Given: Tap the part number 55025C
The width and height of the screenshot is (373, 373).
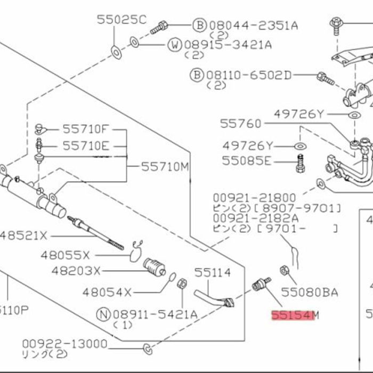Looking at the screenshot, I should click(x=121, y=20).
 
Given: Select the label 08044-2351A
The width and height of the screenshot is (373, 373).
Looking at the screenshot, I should click(x=253, y=25).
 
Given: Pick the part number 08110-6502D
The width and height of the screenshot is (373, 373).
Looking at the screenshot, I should click(x=249, y=75).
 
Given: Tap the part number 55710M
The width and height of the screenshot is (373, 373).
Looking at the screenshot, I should click(x=165, y=167).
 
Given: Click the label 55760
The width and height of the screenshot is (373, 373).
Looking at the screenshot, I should click(x=241, y=124).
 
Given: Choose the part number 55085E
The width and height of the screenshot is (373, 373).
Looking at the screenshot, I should click(x=247, y=160).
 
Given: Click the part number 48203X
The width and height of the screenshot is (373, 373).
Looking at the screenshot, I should click(x=76, y=271).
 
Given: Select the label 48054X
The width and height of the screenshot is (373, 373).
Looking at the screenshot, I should click(x=107, y=292).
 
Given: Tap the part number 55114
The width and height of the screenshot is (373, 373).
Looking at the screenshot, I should click(x=212, y=273).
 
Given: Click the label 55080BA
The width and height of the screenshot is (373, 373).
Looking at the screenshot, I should click(x=310, y=292).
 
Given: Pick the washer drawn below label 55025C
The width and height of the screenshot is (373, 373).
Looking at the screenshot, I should click(x=115, y=52).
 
